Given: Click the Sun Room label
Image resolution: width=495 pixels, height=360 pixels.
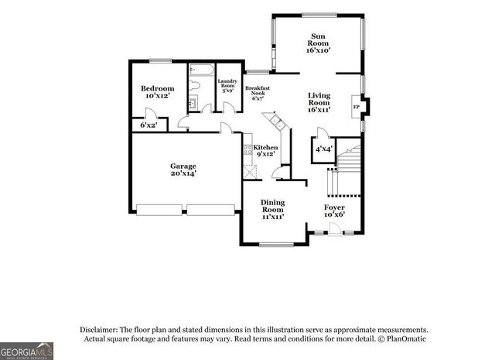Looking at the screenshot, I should (318, 43).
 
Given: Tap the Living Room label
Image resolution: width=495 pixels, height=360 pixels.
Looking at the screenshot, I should (319, 102).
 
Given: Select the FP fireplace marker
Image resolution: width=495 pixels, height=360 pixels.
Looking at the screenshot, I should (357, 107).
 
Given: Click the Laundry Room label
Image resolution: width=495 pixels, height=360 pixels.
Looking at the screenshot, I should (227, 86).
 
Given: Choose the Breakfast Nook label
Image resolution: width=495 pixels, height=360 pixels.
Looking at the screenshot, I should (258, 93).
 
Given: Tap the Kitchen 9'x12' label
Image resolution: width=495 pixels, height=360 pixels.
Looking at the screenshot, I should (265, 150).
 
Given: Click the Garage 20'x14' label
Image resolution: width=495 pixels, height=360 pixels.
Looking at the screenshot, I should (183, 170).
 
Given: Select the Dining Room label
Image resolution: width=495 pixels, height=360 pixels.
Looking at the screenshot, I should (272, 209).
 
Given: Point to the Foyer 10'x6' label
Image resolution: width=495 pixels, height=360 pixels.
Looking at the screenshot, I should (334, 211).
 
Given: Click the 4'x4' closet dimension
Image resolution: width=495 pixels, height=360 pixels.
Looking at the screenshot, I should (323, 149).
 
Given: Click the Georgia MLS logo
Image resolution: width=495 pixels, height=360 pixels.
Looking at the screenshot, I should (26, 350).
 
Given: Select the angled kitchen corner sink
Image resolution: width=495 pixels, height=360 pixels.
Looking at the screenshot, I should (272, 122).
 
